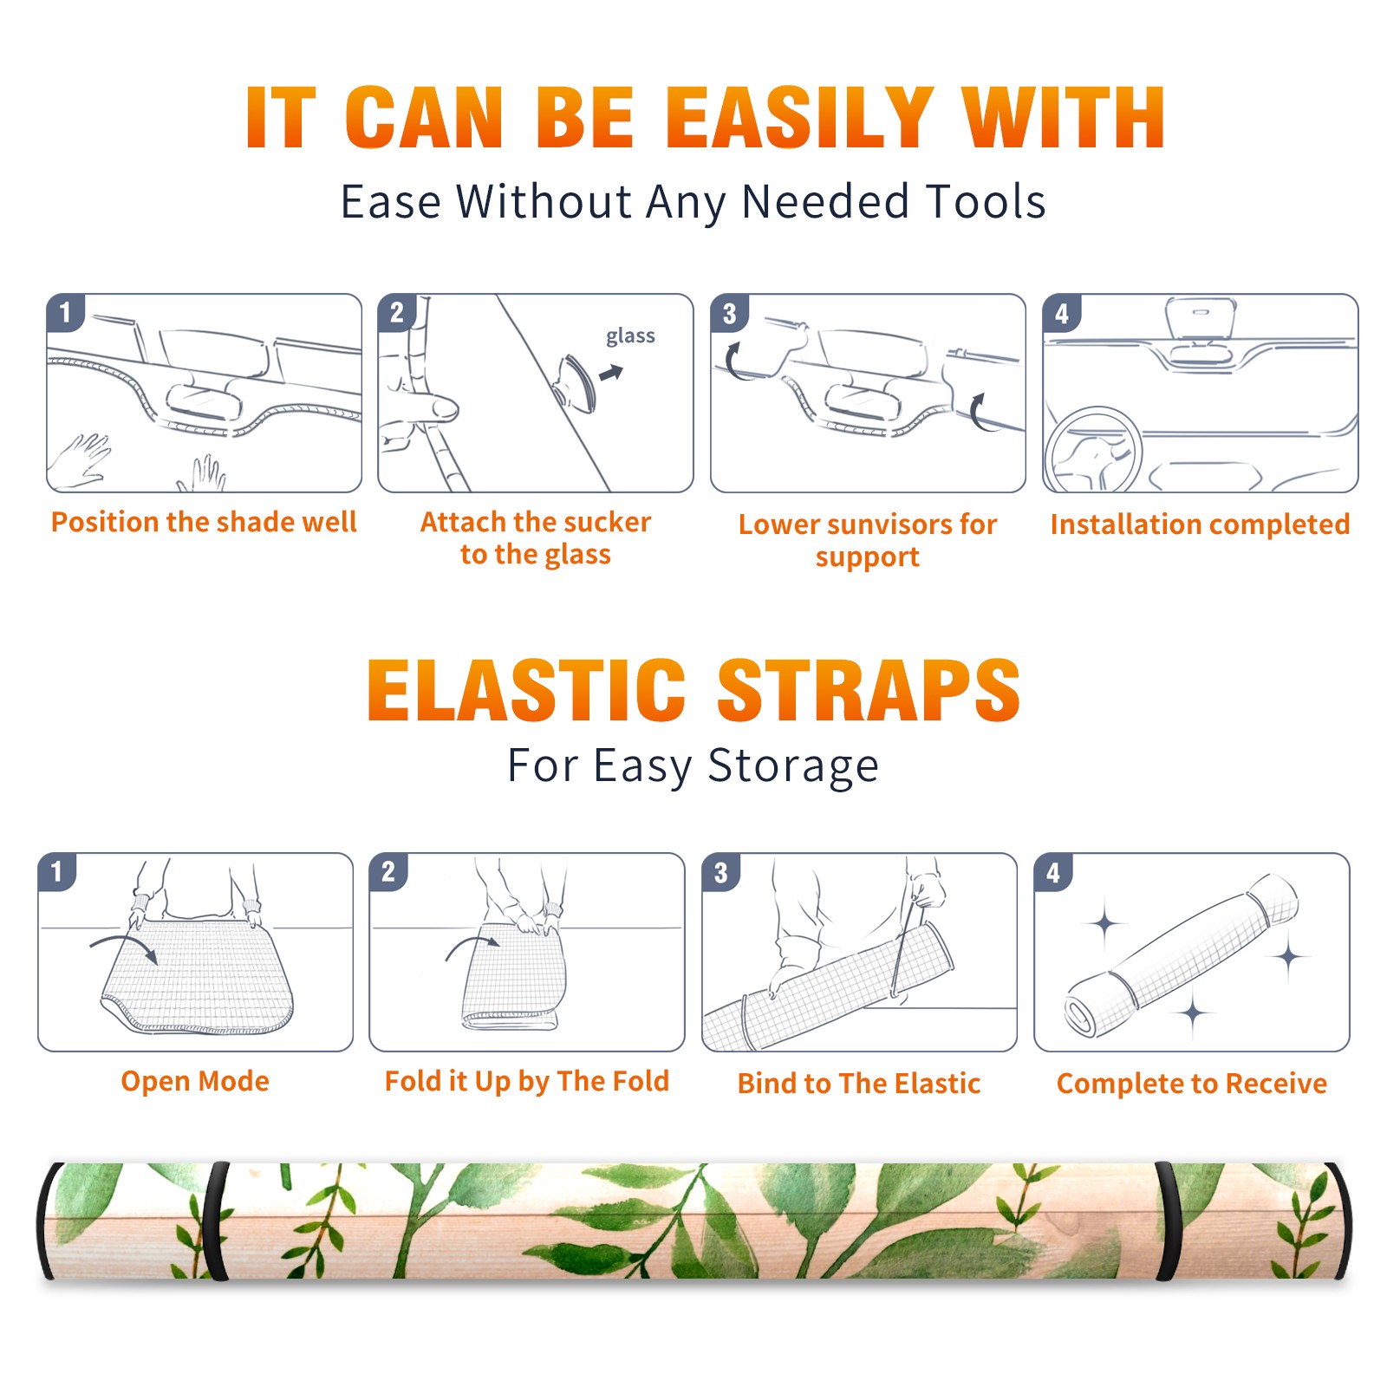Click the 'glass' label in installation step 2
coord(630,336)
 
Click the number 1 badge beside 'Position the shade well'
coord(65,312)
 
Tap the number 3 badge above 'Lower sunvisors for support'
coord(729,313)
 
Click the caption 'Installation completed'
coord(1200,524)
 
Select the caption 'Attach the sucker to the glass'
coord(536,538)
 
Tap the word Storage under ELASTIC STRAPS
coord(793,766)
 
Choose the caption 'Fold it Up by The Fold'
coord(527,1082)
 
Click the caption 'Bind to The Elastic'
coord(859,1084)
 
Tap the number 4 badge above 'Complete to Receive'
coord(1053,872)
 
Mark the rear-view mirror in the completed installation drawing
coord(1201,330)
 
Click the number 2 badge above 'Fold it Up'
coord(388,871)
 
